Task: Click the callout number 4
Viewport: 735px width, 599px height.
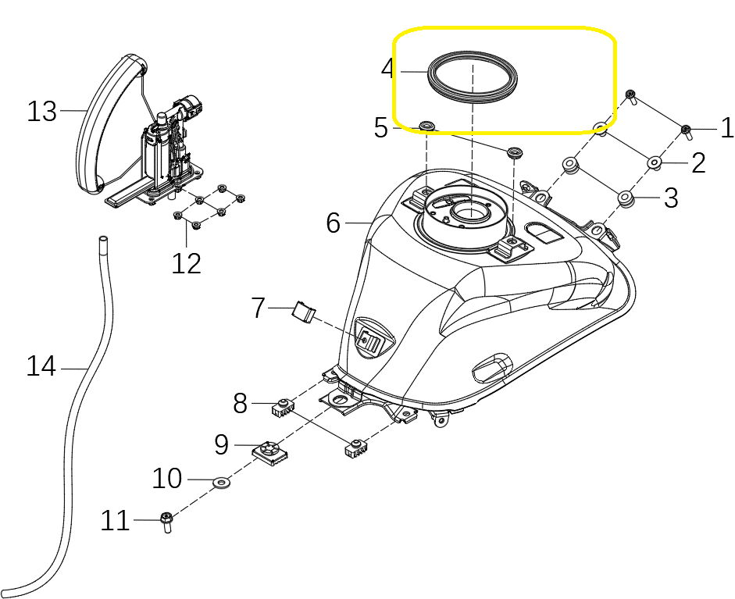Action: coord(389,69)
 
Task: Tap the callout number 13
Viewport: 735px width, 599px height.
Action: coord(42,112)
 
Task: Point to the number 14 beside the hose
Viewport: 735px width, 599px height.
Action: coord(42,365)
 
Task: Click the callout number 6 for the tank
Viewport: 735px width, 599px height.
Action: coord(334,223)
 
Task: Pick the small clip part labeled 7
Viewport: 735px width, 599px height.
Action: coord(303,312)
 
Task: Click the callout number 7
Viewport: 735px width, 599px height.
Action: coord(259,308)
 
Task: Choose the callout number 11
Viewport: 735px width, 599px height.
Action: coord(116,520)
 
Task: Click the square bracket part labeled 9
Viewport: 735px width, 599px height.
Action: coord(268,451)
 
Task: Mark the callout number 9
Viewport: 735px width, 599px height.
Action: coord(222,445)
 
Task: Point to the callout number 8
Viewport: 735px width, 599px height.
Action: coord(241,403)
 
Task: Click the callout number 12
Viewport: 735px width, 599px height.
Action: coord(187,263)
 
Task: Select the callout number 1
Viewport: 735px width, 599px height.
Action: coord(726,128)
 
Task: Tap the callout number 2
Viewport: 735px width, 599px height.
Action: coord(698,162)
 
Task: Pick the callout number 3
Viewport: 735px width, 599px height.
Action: coord(671,198)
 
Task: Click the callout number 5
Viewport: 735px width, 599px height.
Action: coord(381,127)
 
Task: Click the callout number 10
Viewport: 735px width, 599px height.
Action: coord(166,478)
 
